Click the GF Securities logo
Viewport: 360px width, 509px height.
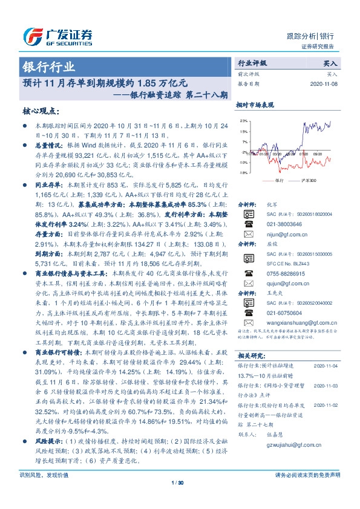pos(57,36)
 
